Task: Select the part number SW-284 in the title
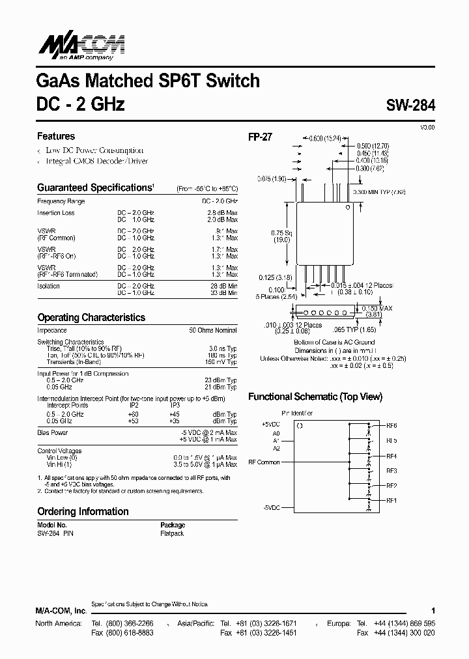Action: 410,104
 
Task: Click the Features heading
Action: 56,136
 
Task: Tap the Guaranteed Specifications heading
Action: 94,188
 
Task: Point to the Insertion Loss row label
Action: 56,213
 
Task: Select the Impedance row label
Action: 52,330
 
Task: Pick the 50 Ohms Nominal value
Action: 213,330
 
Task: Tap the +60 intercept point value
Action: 134,414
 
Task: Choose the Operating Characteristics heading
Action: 91,318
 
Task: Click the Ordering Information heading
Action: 83,511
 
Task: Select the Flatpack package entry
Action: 172,533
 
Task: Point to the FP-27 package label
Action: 260,137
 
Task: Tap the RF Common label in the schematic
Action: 264,462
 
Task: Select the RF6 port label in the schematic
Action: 391,425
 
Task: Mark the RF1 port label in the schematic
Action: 391,500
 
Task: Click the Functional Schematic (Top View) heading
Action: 315,397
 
